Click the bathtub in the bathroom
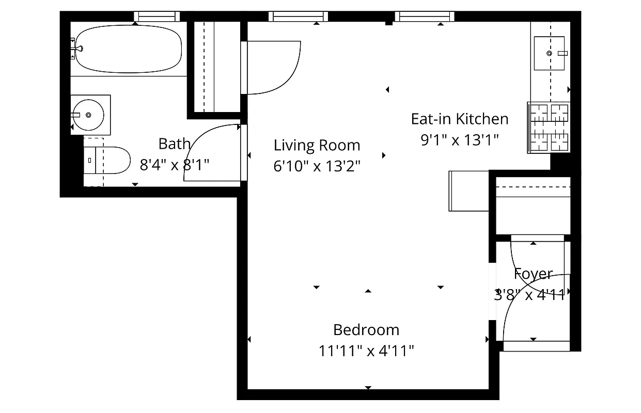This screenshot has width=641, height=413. pos(129,49)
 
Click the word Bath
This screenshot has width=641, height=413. pos(174,144)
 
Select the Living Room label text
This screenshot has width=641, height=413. pos(317,145)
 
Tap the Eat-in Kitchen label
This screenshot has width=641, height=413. pos(459,119)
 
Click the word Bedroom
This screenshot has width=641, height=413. pos(366,329)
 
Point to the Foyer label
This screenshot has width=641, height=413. pos(533,274)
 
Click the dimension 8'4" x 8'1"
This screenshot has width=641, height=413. pos(174,165)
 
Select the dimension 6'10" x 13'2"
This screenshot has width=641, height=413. pos(317,166)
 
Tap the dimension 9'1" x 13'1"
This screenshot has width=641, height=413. pos(459,140)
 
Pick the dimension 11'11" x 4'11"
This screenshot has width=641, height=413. pos(366,351)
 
